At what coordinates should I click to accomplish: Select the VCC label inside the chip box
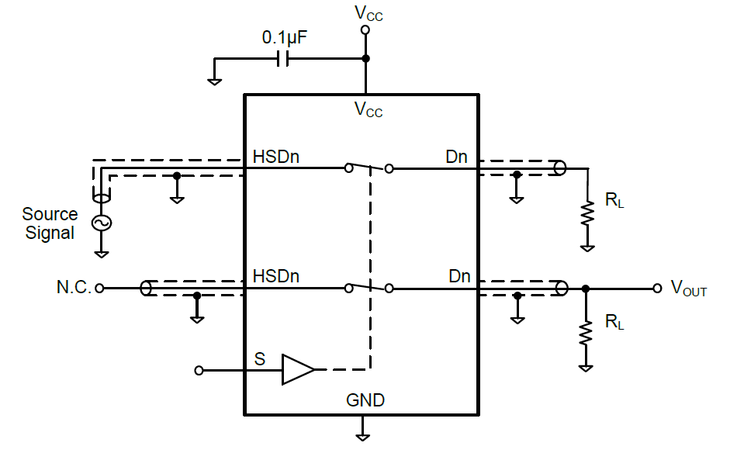point(368,109)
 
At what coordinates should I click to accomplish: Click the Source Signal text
point(50,223)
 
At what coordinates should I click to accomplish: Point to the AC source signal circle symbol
point(101,223)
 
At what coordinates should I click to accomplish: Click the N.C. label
point(74,288)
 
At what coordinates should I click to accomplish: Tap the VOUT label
point(689,289)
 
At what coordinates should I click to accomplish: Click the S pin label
point(259,359)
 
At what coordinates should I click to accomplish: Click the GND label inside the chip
point(365,401)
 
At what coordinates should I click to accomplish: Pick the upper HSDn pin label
point(276,157)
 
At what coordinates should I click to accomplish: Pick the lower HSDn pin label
point(276,276)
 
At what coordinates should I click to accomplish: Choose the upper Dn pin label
point(456,157)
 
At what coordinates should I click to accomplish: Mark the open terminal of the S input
point(199,371)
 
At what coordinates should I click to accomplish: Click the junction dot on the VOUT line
point(586,289)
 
